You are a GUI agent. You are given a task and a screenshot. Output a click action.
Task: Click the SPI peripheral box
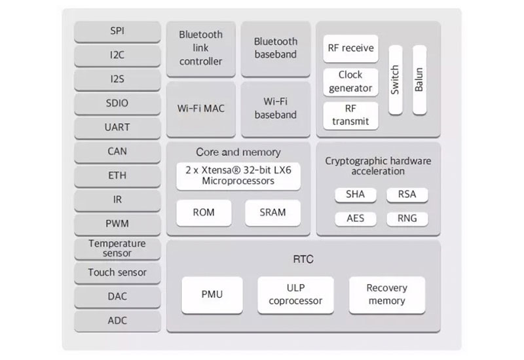[x=117, y=31]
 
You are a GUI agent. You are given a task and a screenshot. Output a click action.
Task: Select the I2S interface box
[x=117, y=79]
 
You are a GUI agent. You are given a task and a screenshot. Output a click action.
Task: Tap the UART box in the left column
[x=117, y=127]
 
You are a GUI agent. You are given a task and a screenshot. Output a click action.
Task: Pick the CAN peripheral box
[x=117, y=151]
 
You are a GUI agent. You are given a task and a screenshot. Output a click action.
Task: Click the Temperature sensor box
[x=117, y=248]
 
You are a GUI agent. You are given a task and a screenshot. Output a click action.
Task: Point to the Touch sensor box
[x=117, y=272]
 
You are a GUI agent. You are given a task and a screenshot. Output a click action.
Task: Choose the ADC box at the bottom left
[x=117, y=321]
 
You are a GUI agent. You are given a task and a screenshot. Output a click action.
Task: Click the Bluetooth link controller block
[x=201, y=48]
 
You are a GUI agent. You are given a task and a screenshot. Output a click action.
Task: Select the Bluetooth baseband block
[x=276, y=48]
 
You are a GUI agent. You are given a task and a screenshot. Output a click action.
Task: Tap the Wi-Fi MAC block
[x=201, y=108]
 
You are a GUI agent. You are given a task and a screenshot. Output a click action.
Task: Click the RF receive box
[x=350, y=48]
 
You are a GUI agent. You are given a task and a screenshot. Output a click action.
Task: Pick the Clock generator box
[x=350, y=82]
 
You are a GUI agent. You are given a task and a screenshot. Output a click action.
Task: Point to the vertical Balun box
[x=419, y=80]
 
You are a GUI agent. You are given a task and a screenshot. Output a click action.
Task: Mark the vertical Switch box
[x=395, y=80]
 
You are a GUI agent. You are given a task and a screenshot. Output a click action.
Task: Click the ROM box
[x=204, y=213]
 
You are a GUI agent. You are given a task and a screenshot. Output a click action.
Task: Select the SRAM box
[x=273, y=213]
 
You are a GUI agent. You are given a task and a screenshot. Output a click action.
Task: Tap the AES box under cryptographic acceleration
[x=355, y=219]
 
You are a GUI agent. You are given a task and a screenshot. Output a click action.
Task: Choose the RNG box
[x=407, y=219]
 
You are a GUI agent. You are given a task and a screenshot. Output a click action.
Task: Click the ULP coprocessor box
[x=295, y=295]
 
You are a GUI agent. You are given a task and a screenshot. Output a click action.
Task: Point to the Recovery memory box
[x=386, y=295]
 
